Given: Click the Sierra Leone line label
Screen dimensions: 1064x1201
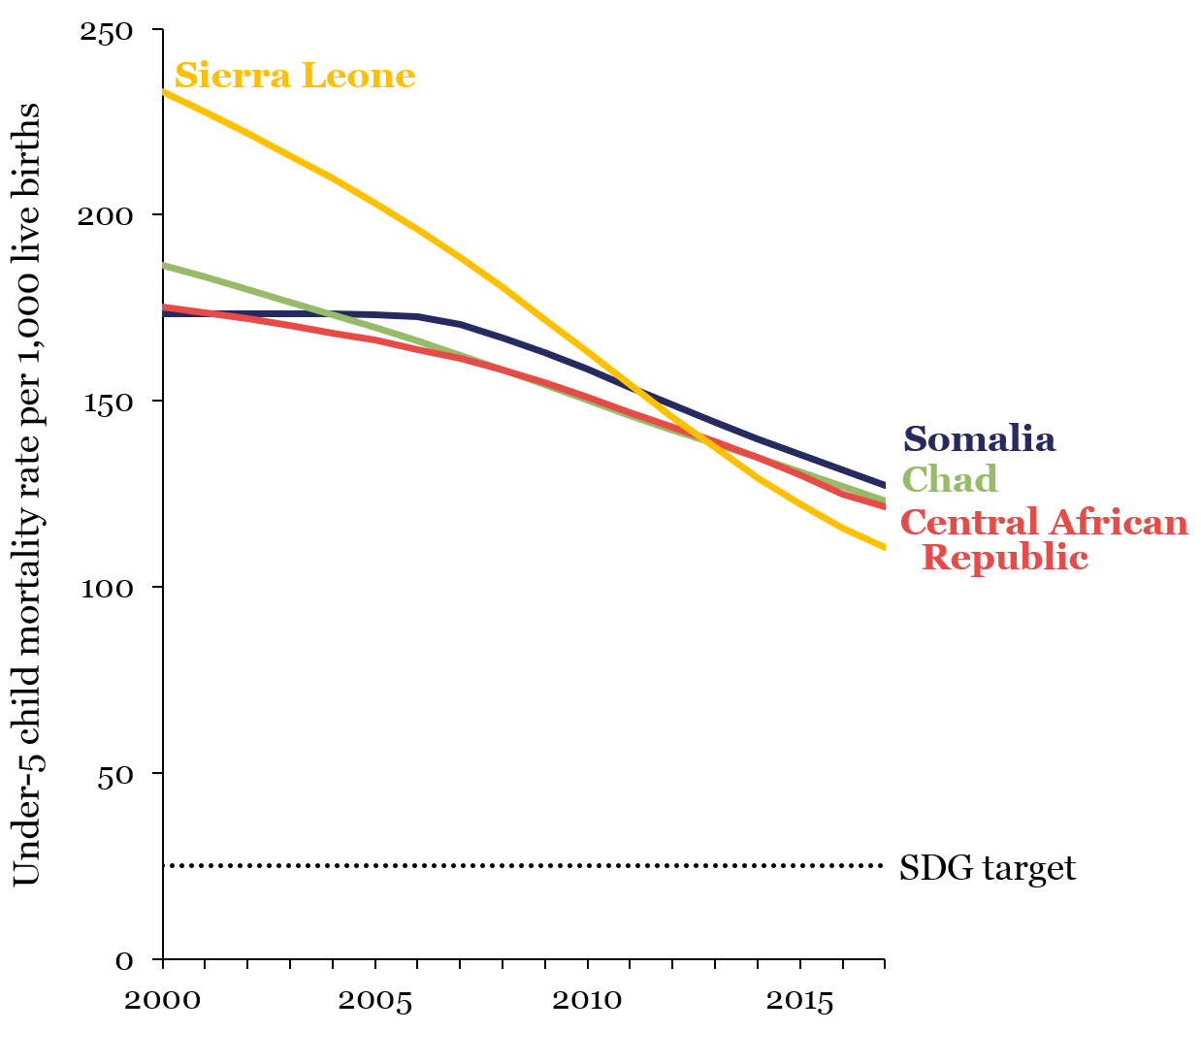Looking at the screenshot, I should coord(295,76).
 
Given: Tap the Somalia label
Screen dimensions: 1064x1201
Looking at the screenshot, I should coord(979,439).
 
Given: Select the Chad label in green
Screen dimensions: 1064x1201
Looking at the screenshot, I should coord(950,479).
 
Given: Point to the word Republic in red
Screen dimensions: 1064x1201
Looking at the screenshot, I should coord(1004,558).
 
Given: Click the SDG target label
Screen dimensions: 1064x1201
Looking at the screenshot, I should coord(988,867).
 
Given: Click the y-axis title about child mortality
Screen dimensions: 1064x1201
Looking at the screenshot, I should coord(27,495).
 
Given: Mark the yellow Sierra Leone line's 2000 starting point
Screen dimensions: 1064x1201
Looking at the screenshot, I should coord(164,92).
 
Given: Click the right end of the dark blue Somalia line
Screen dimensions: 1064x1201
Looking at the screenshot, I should coord(884,485).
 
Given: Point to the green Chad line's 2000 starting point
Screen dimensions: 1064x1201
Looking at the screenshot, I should coord(164,265).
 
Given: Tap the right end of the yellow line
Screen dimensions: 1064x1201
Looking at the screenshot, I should coord(884,548).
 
